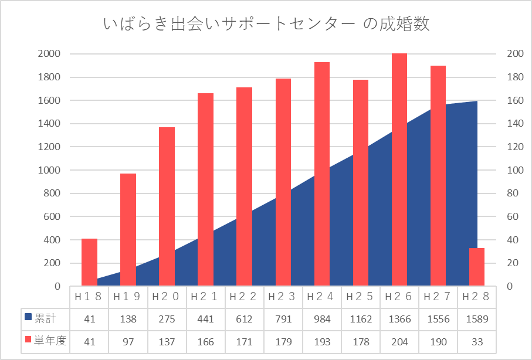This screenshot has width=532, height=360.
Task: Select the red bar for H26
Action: coord(399,170)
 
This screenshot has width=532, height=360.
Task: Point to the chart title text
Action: coord(266,24)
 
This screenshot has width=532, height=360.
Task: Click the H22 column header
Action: coord(244,297)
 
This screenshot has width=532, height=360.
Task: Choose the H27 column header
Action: coord(438,297)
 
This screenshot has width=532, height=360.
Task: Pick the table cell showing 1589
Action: coord(477,319)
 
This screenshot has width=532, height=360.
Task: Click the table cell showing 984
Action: coord(322,319)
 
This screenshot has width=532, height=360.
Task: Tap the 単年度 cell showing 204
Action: coord(399,341)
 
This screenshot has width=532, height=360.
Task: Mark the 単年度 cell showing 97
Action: coord(128,341)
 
